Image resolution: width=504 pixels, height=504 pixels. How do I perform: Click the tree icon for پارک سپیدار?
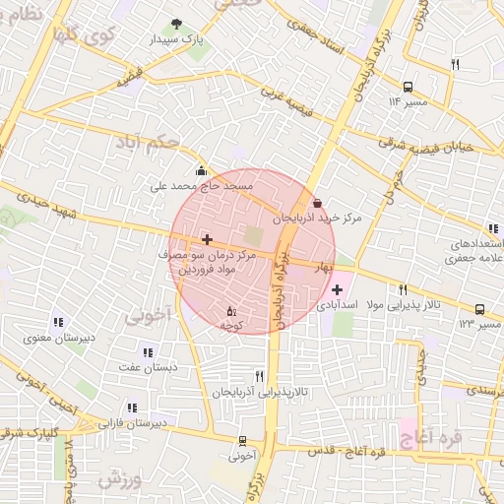(x=177, y=24)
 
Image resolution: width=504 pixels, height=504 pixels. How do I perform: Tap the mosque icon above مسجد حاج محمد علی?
(x=202, y=169)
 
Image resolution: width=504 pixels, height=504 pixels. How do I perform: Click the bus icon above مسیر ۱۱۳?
(x=409, y=87)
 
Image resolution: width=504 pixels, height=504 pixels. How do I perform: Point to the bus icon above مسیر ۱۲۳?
(x=479, y=309)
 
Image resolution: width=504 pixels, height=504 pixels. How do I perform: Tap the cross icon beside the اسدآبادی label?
(x=338, y=289)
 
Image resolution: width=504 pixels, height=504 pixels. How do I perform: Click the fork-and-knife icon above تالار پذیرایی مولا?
(x=403, y=289)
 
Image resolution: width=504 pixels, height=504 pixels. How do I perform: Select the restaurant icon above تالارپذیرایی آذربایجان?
(x=260, y=375)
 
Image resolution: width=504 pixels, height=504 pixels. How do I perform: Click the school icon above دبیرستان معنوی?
(x=58, y=322)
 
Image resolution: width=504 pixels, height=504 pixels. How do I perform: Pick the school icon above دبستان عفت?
(x=148, y=352)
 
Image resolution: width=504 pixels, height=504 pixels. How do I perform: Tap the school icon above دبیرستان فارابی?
(x=132, y=408)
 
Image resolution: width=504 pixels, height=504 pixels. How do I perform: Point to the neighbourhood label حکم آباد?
(x=146, y=144)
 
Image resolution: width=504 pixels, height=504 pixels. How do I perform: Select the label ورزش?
(x=122, y=479)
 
